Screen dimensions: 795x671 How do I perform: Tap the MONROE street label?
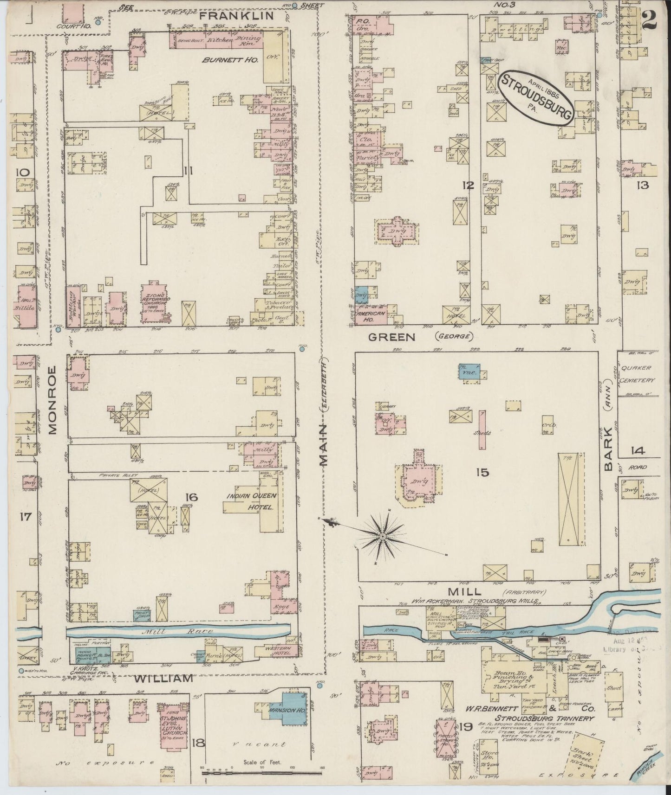(x=52, y=400)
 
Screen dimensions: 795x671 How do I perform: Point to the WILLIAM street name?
(x=163, y=678)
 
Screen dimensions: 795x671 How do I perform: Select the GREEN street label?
(x=391, y=337)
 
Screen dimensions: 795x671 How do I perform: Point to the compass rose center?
(x=382, y=537)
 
